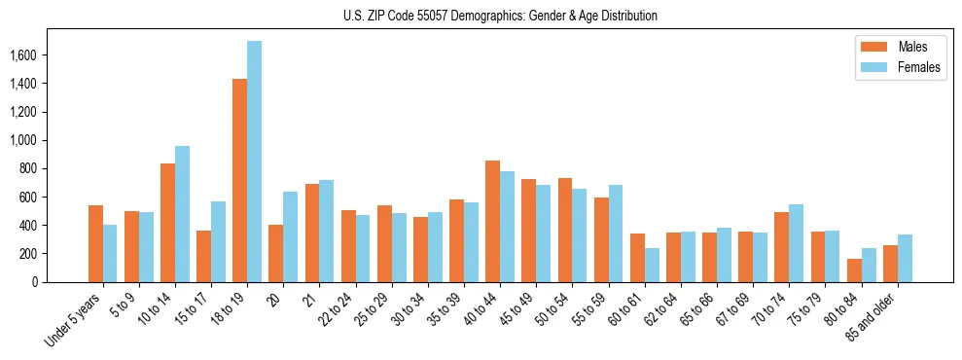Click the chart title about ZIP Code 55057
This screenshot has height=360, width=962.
(500, 16)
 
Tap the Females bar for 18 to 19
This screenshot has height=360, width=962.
(254, 162)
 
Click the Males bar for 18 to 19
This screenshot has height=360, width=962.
(239, 180)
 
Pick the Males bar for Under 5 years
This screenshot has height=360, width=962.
(95, 243)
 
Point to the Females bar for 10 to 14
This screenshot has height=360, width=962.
(182, 214)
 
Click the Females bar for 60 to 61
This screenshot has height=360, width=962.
(652, 265)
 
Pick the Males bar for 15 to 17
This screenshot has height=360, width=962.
(203, 256)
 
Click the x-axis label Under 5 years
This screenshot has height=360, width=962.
(74, 321)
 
